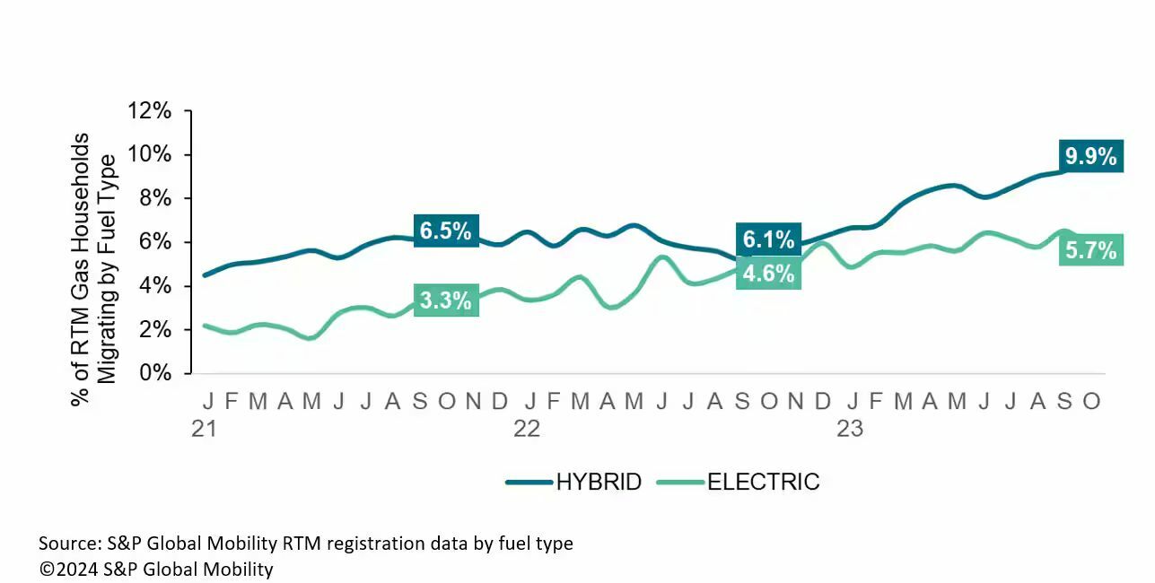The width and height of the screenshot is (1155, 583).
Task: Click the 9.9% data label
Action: (x=1090, y=157)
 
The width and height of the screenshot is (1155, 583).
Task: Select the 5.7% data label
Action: (x=1090, y=251)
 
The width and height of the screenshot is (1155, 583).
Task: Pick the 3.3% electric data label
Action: (x=446, y=300)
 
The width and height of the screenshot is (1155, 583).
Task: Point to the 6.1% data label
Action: (x=768, y=239)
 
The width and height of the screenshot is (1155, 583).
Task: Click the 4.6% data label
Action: (x=768, y=273)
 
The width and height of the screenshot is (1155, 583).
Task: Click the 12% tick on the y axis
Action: (x=150, y=111)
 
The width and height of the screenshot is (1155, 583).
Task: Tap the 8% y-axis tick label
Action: (x=155, y=198)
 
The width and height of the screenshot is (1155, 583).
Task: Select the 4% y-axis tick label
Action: (x=155, y=286)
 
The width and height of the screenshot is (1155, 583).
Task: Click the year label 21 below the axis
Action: (x=205, y=429)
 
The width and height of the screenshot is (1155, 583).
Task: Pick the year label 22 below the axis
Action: (x=527, y=429)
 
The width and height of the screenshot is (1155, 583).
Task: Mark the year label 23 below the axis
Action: (x=850, y=429)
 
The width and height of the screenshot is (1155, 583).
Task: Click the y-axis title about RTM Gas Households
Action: (x=93, y=258)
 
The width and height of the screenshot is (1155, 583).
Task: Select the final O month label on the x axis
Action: (x=1091, y=401)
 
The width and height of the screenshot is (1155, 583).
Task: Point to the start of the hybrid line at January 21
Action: (x=206, y=275)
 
